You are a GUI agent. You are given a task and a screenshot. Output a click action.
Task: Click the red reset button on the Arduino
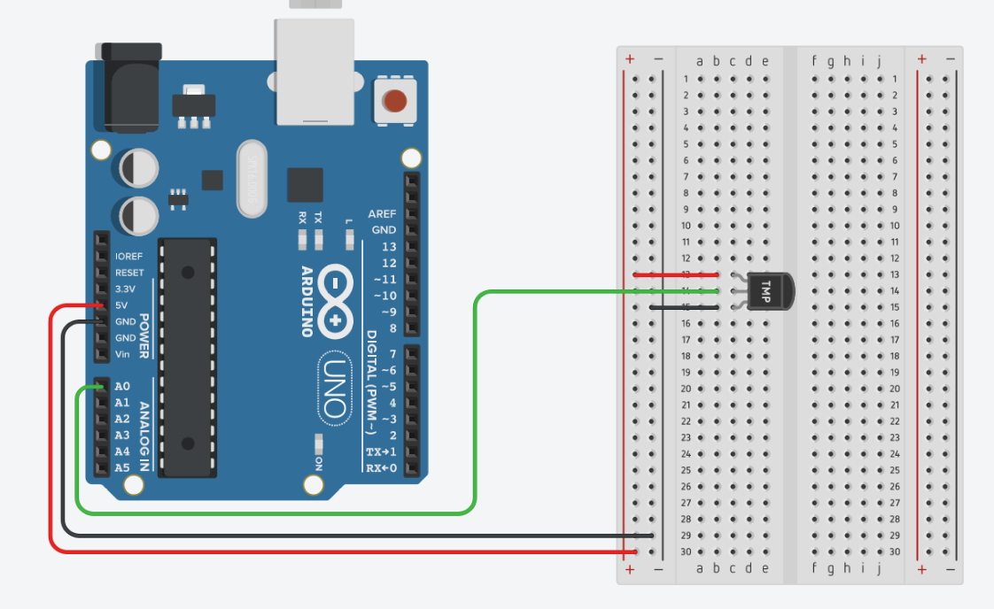coord(395,99)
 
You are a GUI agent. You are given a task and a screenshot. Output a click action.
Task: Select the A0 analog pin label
coord(122,387)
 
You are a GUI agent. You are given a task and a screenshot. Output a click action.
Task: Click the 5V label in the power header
coord(122,305)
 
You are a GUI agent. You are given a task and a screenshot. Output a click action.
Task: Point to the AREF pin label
coord(383,214)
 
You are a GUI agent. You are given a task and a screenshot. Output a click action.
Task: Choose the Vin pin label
coord(122,354)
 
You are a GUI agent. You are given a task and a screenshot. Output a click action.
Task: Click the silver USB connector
coord(315,71)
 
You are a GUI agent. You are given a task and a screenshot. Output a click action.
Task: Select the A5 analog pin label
coord(122,467)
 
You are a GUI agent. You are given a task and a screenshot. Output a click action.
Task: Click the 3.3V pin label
coord(125,289)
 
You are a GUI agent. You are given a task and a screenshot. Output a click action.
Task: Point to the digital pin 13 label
coord(389,247)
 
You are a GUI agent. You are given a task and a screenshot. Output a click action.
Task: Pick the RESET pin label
coord(128,273)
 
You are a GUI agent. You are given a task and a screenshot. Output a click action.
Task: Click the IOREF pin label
coord(128,257)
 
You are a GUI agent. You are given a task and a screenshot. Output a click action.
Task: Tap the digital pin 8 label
coord(392,328)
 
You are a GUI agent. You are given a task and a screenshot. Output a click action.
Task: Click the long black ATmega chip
coord(187,358)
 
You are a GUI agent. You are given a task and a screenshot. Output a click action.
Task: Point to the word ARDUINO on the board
coord(307,301)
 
